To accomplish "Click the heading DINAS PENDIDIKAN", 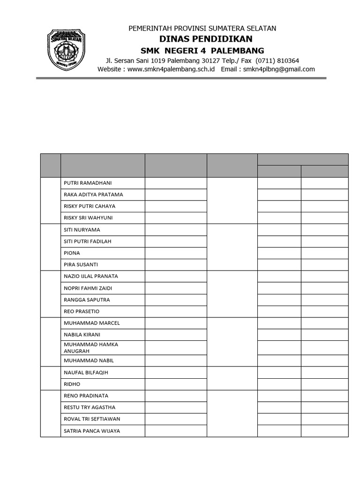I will (x=202, y=39).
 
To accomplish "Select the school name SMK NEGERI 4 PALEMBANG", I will (x=202, y=51).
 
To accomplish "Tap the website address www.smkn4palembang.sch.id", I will (x=171, y=69).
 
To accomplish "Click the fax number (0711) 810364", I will (x=277, y=60).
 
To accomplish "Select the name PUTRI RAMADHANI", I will (x=88, y=183).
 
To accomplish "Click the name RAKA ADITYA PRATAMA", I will (x=93, y=195).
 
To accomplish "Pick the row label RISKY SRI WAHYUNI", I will (x=88, y=218).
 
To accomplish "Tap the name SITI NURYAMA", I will (x=82, y=230).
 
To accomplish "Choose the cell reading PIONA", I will (x=72, y=253).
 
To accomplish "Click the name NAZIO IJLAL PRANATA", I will (x=90, y=277).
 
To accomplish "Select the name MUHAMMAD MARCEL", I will (x=91, y=323).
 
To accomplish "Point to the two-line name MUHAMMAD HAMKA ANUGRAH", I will (x=90, y=347).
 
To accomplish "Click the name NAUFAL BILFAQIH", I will (x=86, y=373).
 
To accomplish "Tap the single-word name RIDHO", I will (x=72, y=384).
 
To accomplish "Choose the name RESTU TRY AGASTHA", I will (x=89, y=408).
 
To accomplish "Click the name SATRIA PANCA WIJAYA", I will (x=91, y=431).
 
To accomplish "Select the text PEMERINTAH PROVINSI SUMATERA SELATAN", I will (x=202, y=29).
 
